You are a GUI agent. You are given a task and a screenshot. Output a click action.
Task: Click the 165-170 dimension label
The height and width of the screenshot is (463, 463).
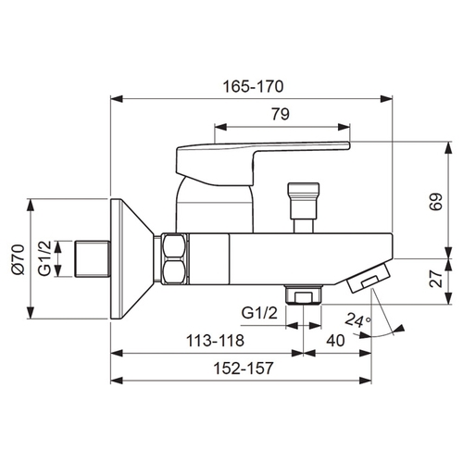(x=253, y=86)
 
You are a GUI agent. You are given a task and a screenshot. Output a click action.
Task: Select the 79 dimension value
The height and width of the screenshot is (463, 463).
(x=281, y=114)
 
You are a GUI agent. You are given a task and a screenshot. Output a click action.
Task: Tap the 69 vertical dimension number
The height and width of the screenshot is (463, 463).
(x=436, y=202)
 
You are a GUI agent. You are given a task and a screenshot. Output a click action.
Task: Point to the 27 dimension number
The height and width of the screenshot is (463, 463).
(x=436, y=279)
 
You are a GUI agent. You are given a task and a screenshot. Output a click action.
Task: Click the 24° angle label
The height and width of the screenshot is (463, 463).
(x=357, y=319)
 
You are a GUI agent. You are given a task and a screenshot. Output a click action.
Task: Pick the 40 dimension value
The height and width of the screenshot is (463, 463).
(x=335, y=341)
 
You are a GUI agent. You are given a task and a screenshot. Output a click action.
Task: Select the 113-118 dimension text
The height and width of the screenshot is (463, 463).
(x=215, y=341)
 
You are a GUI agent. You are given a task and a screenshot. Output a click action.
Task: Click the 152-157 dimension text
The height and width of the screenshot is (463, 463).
(x=244, y=368)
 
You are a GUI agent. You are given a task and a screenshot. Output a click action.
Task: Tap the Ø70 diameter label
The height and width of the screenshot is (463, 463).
(x=19, y=259)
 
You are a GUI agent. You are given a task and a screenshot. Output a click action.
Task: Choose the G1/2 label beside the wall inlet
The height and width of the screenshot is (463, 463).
(x=44, y=258)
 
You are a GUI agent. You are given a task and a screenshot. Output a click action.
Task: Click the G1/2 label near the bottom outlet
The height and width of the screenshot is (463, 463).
(x=259, y=313)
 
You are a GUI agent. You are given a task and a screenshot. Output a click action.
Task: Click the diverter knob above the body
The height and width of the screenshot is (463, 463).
(x=303, y=207)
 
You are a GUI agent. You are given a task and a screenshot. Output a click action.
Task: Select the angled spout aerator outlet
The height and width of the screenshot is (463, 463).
(x=369, y=277)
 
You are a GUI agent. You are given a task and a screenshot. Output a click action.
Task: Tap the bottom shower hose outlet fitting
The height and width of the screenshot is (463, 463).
(x=304, y=295)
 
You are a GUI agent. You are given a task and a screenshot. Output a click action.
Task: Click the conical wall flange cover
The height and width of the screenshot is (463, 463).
(x=132, y=258)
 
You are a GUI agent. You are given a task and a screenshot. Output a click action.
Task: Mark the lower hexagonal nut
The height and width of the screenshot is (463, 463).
(x=175, y=271)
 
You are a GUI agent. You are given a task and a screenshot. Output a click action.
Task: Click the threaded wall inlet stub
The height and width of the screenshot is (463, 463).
(x=93, y=258)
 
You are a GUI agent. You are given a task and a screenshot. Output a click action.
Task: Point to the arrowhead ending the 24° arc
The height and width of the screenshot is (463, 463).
(x=400, y=329)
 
